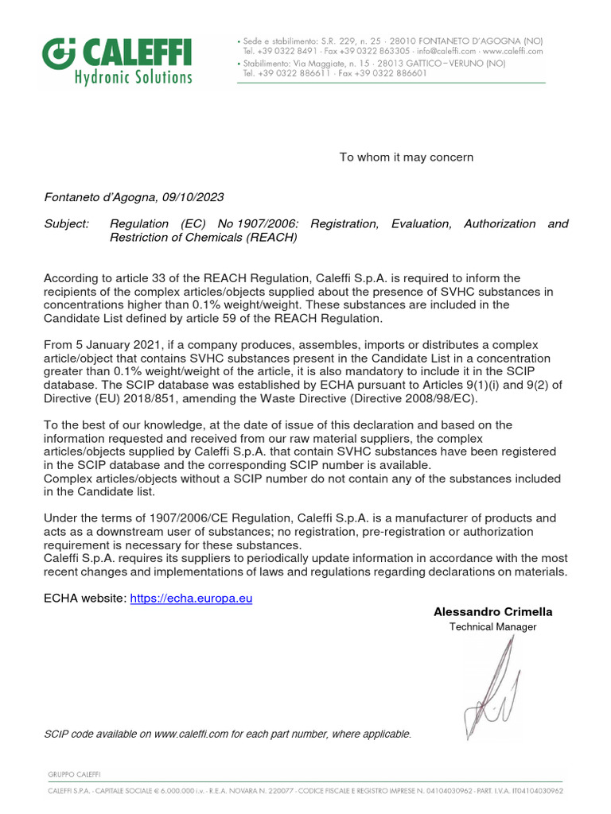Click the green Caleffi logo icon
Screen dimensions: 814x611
pos(57,54)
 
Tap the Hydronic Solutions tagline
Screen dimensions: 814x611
pos(133,76)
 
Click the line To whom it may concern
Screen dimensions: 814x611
pos(406,157)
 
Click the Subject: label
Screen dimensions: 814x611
pos(67,223)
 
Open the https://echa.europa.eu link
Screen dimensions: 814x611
pos(190,598)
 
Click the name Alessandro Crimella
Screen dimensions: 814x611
pos(492,611)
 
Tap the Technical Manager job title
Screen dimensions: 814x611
pos(492,626)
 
